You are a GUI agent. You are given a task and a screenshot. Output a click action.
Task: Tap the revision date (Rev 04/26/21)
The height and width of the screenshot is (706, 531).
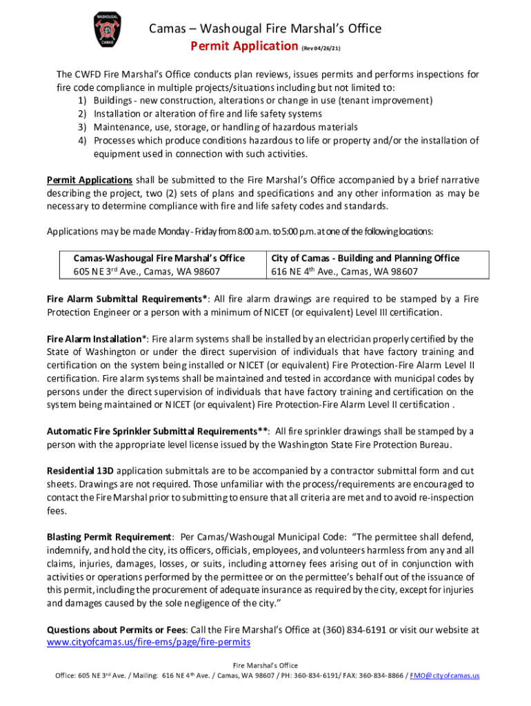pyautogui.click(x=321, y=48)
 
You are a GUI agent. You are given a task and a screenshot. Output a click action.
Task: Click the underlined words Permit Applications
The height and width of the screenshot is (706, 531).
pyautogui.click(x=90, y=180)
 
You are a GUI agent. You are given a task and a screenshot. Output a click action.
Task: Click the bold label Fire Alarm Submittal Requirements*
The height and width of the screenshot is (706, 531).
pyautogui.click(x=128, y=299)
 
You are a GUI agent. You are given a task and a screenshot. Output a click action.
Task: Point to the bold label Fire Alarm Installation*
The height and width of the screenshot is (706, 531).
pyautogui.click(x=97, y=339)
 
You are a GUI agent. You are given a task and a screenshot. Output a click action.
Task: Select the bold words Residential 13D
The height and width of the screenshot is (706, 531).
pyautogui.click(x=80, y=471)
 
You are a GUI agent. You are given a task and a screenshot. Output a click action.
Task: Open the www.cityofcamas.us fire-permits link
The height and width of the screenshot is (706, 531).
pyautogui.click(x=148, y=643)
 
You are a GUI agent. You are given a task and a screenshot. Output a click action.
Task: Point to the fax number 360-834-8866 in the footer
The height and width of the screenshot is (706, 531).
pyautogui.click(x=383, y=676)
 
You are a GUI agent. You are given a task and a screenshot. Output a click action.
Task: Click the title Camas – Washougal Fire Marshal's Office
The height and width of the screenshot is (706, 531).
pyautogui.click(x=265, y=29)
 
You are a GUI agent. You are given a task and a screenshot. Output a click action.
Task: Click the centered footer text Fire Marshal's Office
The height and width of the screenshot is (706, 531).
pyautogui.click(x=265, y=665)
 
